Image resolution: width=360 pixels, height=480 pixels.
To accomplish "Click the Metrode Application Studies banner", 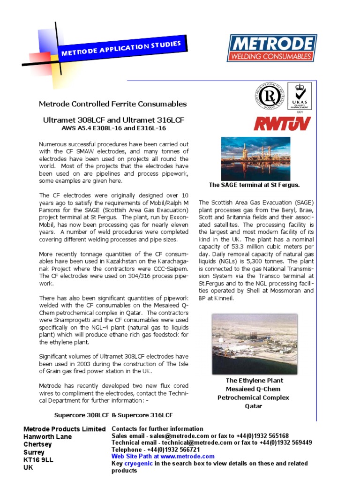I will click(x=120, y=49).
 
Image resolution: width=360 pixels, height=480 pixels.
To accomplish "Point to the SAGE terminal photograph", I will click(x=255, y=158).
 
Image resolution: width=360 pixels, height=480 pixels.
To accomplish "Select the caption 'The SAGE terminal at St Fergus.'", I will click(x=255, y=185).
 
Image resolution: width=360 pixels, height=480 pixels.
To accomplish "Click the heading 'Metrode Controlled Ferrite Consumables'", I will click(x=112, y=104).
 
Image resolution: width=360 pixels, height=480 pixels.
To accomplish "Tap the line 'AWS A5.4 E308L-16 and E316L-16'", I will click(x=114, y=128).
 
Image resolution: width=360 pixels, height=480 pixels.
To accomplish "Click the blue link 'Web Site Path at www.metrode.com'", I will click(x=163, y=456).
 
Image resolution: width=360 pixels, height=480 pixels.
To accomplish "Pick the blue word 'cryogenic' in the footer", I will click(x=139, y=463).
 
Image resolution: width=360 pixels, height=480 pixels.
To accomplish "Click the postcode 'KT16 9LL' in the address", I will click(x=38, y=460).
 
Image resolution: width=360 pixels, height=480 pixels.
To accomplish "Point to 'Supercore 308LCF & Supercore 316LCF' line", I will click(x=113, y=415).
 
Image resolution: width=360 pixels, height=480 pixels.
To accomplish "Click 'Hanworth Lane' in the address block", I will click(x=48, y=436).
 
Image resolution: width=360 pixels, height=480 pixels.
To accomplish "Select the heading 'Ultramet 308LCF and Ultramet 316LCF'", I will click(x=114, y=120).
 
